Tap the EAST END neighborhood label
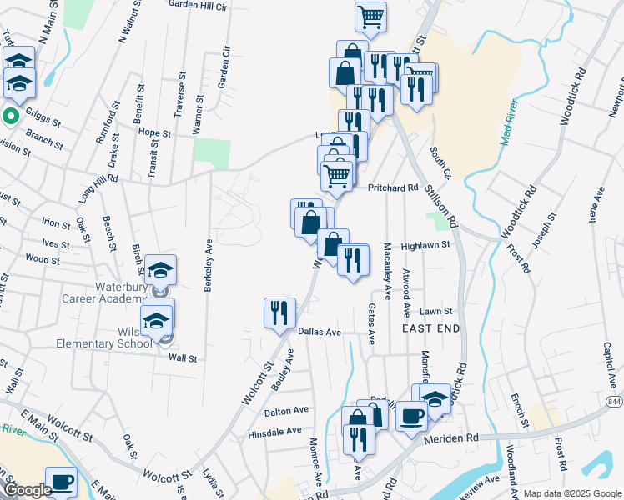coord(430,329)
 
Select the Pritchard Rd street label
coord(392,188)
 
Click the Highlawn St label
coord(425,245)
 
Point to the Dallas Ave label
coord(320,332)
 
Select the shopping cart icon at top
coord(370,16)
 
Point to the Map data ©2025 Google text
coord(571,493)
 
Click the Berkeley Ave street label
coord(207,266)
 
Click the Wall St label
coord(183,358)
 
